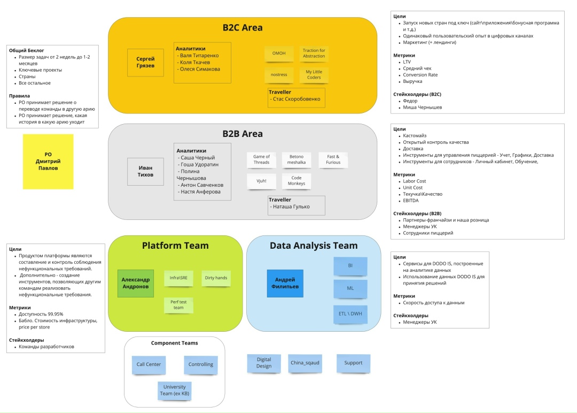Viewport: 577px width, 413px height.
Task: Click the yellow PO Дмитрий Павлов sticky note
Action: click(48, 161)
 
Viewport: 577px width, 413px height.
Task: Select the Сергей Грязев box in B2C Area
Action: click(145, 62)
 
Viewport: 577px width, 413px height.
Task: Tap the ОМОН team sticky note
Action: click(279, 53)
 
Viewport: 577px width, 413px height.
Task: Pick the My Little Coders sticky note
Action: click(314, 74)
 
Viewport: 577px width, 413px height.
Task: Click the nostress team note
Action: click(279, 74)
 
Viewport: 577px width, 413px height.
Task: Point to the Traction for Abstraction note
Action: click(314, 53)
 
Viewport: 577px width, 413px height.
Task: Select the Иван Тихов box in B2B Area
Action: click(145, 171)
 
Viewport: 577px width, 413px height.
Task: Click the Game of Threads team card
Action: click(261, 159)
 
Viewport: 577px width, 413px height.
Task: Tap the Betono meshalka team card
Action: click(297, 159)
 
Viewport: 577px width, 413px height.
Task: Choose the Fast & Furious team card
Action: click(333, 159)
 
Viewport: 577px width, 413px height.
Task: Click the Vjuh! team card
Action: click(261, 181)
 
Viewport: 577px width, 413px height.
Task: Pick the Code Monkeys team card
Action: click(297, 181)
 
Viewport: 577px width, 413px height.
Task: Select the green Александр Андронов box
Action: click(136, 283)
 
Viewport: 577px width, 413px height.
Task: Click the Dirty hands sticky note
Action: click(216, 278)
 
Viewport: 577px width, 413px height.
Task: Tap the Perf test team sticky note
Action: click(178, 305)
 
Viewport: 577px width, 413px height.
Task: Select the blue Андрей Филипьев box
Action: click(285, 283)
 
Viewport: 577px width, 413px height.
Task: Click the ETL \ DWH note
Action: click(350, 313)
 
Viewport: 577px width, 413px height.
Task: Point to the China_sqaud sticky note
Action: click(305, 363)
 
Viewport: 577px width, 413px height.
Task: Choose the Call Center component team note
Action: click(149, 364)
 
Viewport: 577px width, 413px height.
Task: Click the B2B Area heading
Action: click(243, 134)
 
